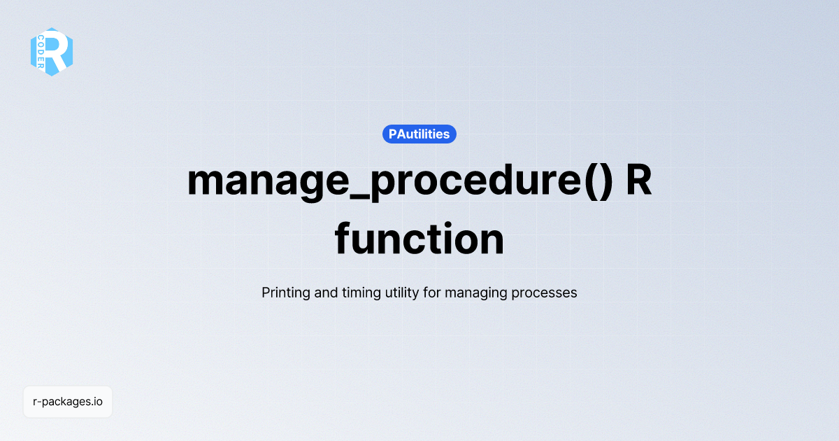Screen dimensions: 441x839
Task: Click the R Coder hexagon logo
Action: (52, 52)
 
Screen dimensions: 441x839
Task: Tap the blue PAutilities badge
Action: (419, 134)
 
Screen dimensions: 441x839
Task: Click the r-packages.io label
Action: (68, 402)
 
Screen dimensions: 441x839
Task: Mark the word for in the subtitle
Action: (432, 293)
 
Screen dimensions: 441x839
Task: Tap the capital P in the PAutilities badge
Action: (393, 134)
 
